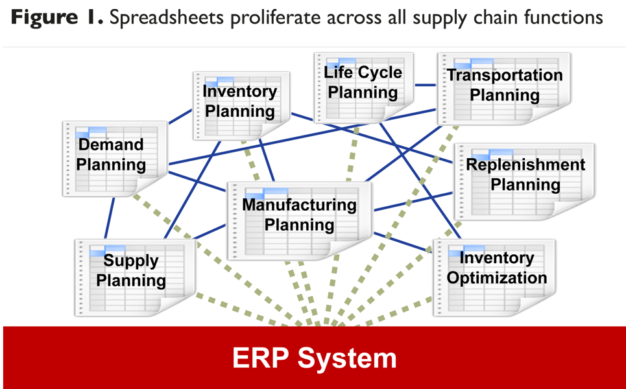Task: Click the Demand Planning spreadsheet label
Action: (111, 154)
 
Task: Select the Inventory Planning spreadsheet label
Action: (239, 101)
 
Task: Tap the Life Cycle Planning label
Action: (363, 82)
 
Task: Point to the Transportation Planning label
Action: (505, 85)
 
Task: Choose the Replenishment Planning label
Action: (525, 174)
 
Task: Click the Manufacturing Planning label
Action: (299, 215)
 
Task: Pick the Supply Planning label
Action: (131, 270)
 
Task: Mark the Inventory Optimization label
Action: (497, 268)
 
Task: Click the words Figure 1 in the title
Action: (56, 18)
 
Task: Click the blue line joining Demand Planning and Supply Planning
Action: (110, 218)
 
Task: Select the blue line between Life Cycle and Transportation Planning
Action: (426, 84)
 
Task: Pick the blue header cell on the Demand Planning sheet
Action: (95, 130)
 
